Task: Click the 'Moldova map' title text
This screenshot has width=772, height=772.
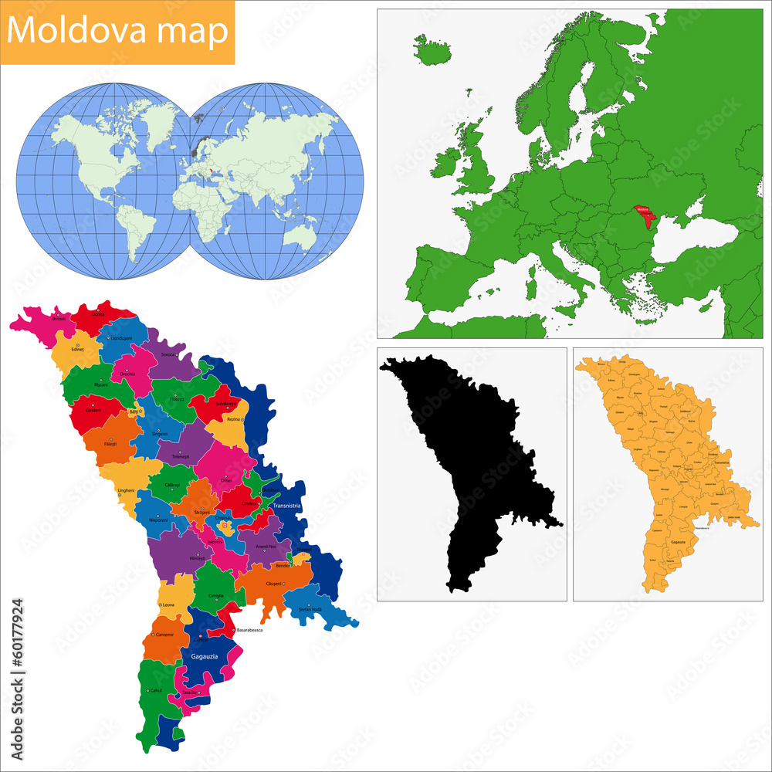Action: click(x=118, y=32)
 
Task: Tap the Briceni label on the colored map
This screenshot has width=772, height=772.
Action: click(x=59, y=318)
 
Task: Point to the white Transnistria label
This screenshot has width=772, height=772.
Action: click(x=286, y=506)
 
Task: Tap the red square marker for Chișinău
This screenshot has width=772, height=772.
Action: click(x=225, y=527)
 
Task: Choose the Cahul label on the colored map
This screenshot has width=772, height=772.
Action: click(x=157, y=691)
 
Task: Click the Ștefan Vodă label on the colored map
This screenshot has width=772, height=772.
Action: click(x=310, y=610)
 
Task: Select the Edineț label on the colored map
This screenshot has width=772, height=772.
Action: click(x=77, y=349)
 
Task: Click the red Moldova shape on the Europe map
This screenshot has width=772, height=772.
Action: click(x=642, y=213)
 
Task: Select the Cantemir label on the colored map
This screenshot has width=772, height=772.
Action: click(x=164, y=635)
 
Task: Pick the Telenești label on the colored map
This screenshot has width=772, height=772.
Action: click(x=181, y=457)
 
